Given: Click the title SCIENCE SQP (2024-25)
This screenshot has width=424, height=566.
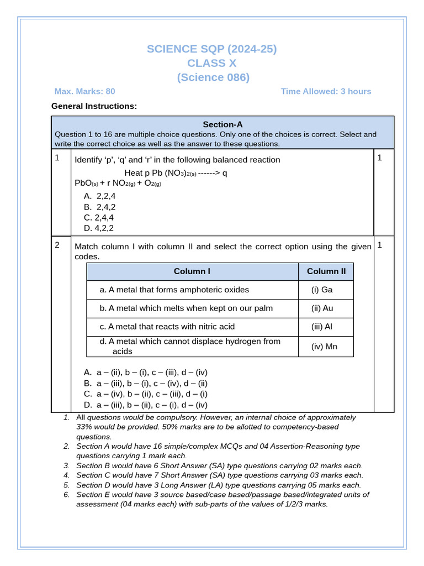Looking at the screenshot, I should tap(212, 49).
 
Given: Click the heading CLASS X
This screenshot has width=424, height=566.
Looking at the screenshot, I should tap(212, 63).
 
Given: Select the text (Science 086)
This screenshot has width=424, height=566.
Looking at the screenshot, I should tap(213, 77).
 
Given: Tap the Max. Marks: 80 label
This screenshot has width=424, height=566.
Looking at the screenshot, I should tap(84, 91).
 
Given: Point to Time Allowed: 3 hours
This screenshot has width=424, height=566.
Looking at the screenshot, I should tap(326, 91).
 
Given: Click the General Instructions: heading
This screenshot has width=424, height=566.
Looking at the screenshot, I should tap(94, 106).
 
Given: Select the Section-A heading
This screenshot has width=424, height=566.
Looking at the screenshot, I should tap(222, 124).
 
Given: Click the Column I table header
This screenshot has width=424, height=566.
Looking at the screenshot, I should tap(192, 271).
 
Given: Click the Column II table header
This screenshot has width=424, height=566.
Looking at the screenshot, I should tap(326, 271).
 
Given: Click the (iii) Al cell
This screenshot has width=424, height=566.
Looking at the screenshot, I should tap(322, 327).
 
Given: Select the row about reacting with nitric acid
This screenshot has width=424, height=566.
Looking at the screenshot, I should tap(167, 327).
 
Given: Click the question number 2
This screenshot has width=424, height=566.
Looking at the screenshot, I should tap(57, 245).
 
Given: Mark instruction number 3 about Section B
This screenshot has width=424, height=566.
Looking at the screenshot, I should tap(219, 466).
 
